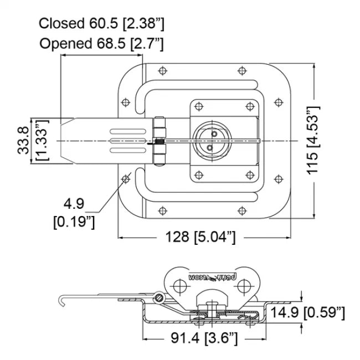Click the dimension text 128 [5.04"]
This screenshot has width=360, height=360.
click(x=201, y=237)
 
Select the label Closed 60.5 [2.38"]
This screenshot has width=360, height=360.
click(x=102, y=23)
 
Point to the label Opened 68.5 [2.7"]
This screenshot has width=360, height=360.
click(x=101, y=44)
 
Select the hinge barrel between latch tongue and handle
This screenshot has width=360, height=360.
click(x=160, y=141)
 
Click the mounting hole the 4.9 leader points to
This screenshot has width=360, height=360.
click(x=126, y=178)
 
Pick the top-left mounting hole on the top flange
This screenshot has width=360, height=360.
click(x=162, y=71)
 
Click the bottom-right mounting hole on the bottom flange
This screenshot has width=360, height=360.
click(x=241, y=210)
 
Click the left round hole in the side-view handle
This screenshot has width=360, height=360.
click(x=178, y=285)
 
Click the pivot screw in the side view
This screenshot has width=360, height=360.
click(x=161, y=299)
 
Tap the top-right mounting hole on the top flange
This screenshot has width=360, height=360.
click(x=241, y=71)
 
